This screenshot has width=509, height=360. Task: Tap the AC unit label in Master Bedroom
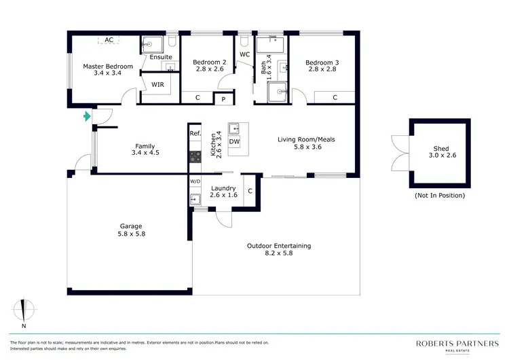[109, 40]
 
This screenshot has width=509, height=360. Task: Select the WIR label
[157, 85]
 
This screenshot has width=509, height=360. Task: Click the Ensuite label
[161, 57]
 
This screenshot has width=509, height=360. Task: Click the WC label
[245, 54]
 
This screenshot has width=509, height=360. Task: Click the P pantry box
[223, 99]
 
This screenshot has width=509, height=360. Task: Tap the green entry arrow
[86, 116]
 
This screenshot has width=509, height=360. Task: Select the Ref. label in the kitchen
[195, 133]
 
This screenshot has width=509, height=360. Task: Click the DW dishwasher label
[234, 142]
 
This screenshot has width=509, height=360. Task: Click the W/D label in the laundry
[195, 181]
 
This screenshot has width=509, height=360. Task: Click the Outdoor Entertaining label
[279, 246]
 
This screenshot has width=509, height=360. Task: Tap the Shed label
[441, 149]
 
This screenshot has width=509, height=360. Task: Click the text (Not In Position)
[440, 196]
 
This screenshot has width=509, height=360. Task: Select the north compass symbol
[24, 310]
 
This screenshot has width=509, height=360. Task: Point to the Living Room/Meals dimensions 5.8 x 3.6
[306, 147]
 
